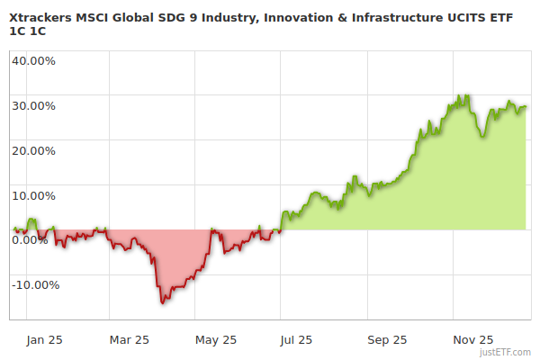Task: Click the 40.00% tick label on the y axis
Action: click(x=34, y=61)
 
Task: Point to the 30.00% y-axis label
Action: click(x=34, y=105)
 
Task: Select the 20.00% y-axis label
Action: click(x=34, y=150)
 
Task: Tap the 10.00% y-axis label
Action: click(x=34, y=195)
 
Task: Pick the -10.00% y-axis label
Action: click(x=35, y=284)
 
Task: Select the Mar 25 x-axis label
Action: click(x=129, y=339)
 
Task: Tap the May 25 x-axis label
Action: click(x=216, y=339)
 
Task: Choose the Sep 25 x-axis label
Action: click(x=387, y=339)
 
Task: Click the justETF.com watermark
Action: click(x=506, y=353)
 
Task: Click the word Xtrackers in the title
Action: click(x=43, y=15)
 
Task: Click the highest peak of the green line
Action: click(x=467, y=94)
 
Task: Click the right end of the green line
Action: click(x=526, y=106)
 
